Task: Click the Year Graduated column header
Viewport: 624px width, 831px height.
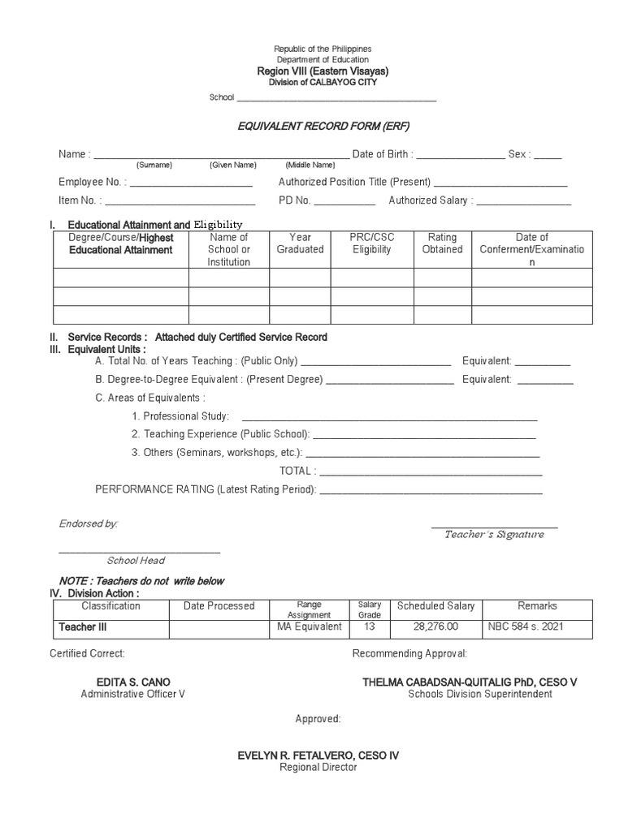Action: [x=300, y=243]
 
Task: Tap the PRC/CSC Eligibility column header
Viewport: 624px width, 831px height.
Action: [x=371, y=243]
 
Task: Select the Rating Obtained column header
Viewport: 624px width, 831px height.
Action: [x=442, y=243]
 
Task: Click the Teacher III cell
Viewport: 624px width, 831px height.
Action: [x=82, y=627]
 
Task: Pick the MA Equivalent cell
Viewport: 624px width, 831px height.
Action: [x=310, y=626]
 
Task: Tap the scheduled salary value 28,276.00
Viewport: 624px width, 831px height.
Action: [x=435, y=626]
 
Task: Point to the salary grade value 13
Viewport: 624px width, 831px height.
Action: [x=369, y=626]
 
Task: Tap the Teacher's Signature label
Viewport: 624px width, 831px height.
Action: [x=494, y=535]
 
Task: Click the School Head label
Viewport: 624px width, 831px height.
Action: [x=136, y=561]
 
